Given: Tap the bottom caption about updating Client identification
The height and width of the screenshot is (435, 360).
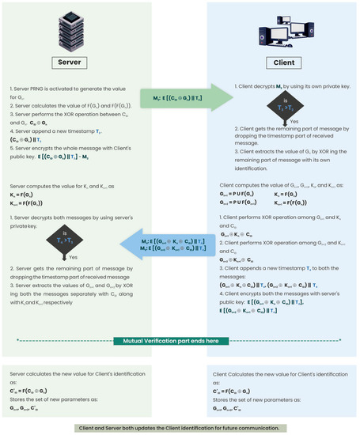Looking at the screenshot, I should pyautogui.click(x=180, y=428).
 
